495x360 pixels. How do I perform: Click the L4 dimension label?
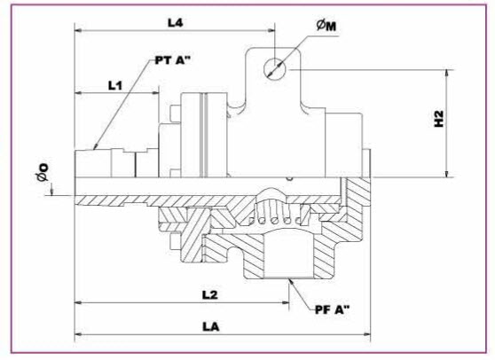(175, 23)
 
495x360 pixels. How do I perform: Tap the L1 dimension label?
(115, 85)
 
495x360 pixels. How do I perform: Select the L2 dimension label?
(210, 294)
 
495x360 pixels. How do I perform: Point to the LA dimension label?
(211, 326)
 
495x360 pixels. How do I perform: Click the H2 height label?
(439, 119)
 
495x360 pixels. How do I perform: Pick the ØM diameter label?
(326, 26)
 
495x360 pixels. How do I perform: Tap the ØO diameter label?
(43, 172)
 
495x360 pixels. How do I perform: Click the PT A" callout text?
(173, 60)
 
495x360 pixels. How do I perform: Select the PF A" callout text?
(333, 309)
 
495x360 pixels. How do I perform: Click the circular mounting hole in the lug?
(274, 69)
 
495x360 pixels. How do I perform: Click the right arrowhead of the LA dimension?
(367, 334)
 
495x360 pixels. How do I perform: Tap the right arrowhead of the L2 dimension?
(286, 302)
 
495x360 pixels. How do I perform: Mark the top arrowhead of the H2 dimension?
(447, 74)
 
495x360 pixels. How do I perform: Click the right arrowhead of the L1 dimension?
(154, 93)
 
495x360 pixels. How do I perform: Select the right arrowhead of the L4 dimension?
(271, 31)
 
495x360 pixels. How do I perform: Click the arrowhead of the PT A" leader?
(95, 146)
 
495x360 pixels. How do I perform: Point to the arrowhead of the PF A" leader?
(291, 282)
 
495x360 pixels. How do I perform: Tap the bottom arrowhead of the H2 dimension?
(447, 174)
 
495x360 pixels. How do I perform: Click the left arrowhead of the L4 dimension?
(78, 31)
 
